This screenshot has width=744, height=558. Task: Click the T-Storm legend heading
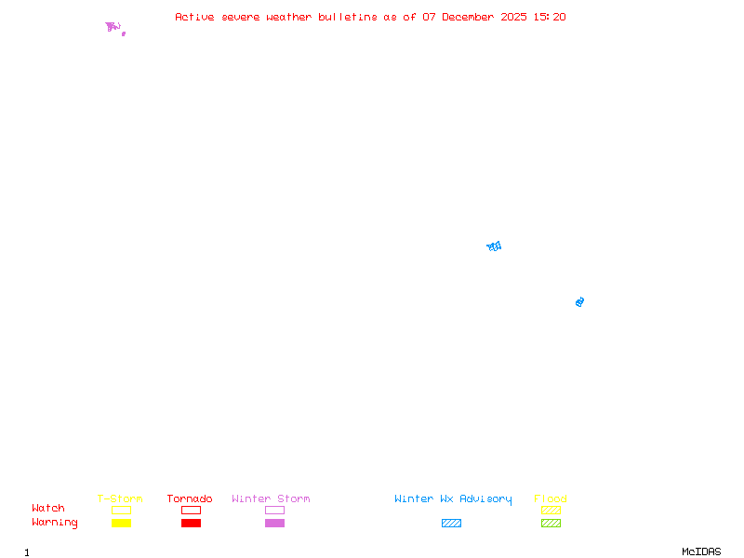120,499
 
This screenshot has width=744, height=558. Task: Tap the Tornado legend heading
190,499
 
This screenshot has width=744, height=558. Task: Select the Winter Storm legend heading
271,499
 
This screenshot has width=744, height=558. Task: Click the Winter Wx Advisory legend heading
453,499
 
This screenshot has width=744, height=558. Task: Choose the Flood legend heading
551,499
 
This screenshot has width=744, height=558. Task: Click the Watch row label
48,509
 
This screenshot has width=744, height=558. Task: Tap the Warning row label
55,523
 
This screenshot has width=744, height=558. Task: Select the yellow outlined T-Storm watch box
121,510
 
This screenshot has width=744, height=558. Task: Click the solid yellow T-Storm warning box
121,523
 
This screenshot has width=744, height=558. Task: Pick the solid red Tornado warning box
191,523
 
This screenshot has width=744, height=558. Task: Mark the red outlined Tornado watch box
191,510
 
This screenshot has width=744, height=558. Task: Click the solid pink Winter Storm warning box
274,523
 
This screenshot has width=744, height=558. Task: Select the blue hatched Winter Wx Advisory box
451,523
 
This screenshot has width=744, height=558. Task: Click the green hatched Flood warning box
551,523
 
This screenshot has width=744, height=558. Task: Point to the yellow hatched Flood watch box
551,510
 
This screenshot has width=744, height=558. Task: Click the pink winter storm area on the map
112,27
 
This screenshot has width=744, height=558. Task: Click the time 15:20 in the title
550,17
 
